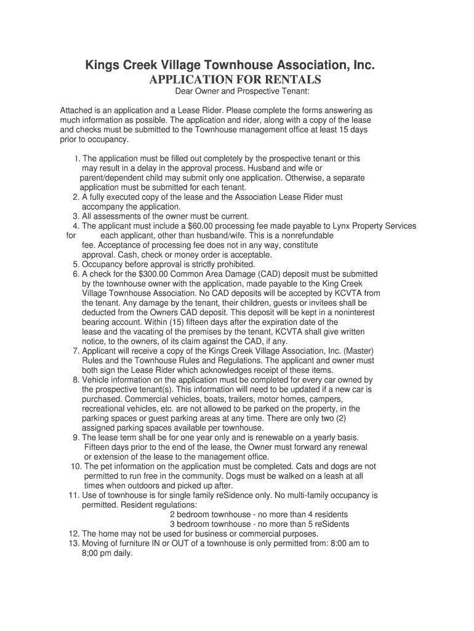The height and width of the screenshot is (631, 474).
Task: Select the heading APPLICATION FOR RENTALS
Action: coord(236,80)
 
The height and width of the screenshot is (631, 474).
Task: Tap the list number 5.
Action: coord(75,264)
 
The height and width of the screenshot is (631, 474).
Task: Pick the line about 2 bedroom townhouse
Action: coord(259,515)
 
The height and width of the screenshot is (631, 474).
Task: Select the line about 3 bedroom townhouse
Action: coord(259,524)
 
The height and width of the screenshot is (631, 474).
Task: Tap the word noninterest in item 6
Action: coord(337,312)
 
